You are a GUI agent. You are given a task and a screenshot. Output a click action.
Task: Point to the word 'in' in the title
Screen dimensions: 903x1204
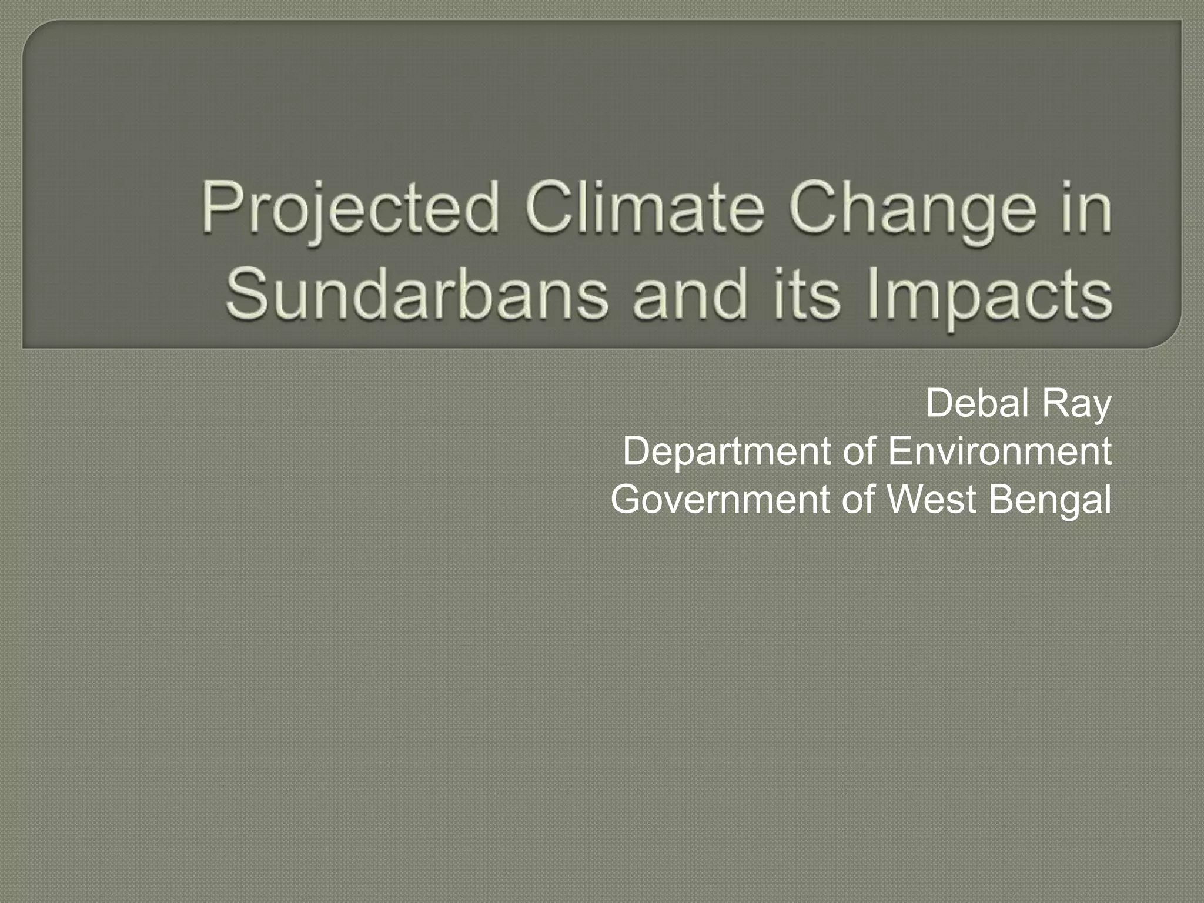[1088, 209]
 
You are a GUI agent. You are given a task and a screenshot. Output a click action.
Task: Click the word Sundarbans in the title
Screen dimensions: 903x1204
[416, 293]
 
